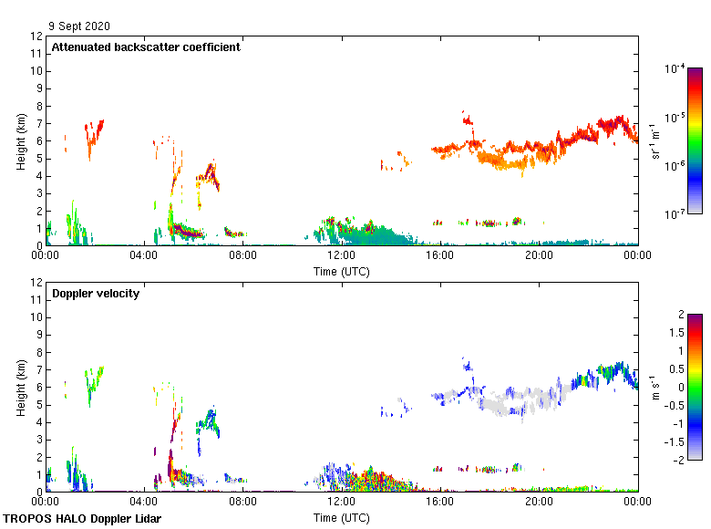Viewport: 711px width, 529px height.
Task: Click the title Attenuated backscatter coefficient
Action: pyautogui.click(x=146, y=47)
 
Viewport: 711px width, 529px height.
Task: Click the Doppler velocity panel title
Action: pyautogui.click(x=96, y=294)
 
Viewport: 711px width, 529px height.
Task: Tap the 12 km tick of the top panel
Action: pyautogui.click(x=37, y=36)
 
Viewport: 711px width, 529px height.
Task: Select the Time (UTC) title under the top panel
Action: pyautogui.click(x=342, y=271)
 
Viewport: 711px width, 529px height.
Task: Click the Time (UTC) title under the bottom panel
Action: pyautogui.click(x=342, y=517)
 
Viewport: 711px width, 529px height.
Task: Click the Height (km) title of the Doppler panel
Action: pyautogui.click(x=20, y=387)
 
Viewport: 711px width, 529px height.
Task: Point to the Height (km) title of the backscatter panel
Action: pyautogui.click(x=20, y=140)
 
